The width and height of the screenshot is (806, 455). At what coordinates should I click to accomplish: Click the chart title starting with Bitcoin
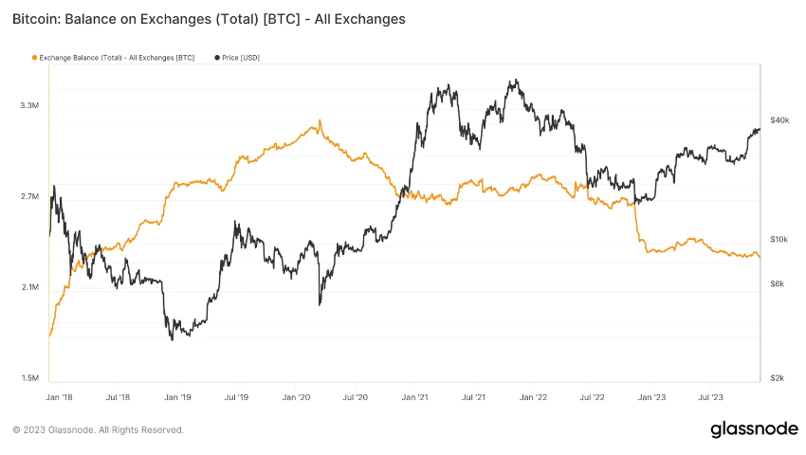point(210,18)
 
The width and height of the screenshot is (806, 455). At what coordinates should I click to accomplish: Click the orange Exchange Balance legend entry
point(113,58)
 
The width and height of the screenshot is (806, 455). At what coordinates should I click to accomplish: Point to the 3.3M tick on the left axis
point(29,105)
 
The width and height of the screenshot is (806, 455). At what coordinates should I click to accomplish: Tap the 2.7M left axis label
point(29,196)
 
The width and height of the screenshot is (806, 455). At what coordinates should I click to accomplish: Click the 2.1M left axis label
point(29,287)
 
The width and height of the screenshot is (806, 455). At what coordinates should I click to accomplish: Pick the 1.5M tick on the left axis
point(29,378)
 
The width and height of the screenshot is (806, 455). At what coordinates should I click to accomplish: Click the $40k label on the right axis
point(779,120)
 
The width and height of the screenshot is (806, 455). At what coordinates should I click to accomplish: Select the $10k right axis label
point(779,240)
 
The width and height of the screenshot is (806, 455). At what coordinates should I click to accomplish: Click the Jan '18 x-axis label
point(59,398)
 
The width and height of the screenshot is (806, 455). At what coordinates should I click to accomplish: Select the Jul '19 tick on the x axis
point(236,398)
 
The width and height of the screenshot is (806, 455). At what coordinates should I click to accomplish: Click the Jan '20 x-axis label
point(297,398)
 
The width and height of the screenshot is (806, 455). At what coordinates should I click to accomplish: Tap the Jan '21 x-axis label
point(415,398)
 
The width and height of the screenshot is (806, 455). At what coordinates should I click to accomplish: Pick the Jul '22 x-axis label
point(593,398)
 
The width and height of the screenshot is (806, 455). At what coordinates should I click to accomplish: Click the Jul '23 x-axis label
point(711,398)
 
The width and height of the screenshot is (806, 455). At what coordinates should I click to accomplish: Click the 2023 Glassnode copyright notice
point(99,430)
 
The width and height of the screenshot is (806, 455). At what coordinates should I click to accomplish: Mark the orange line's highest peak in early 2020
point(321,120)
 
